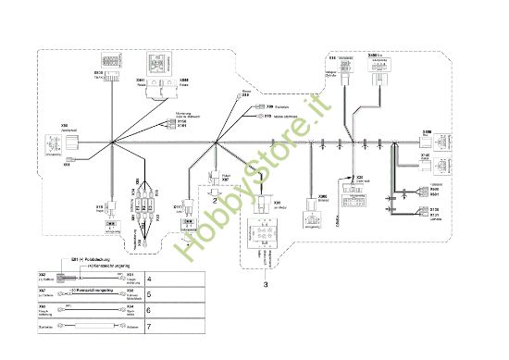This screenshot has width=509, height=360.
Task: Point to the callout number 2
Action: [x=214, y=199]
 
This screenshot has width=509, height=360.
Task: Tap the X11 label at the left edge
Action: [x=67, y=166]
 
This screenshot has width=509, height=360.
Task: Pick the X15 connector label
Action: [x=99, y=206]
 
